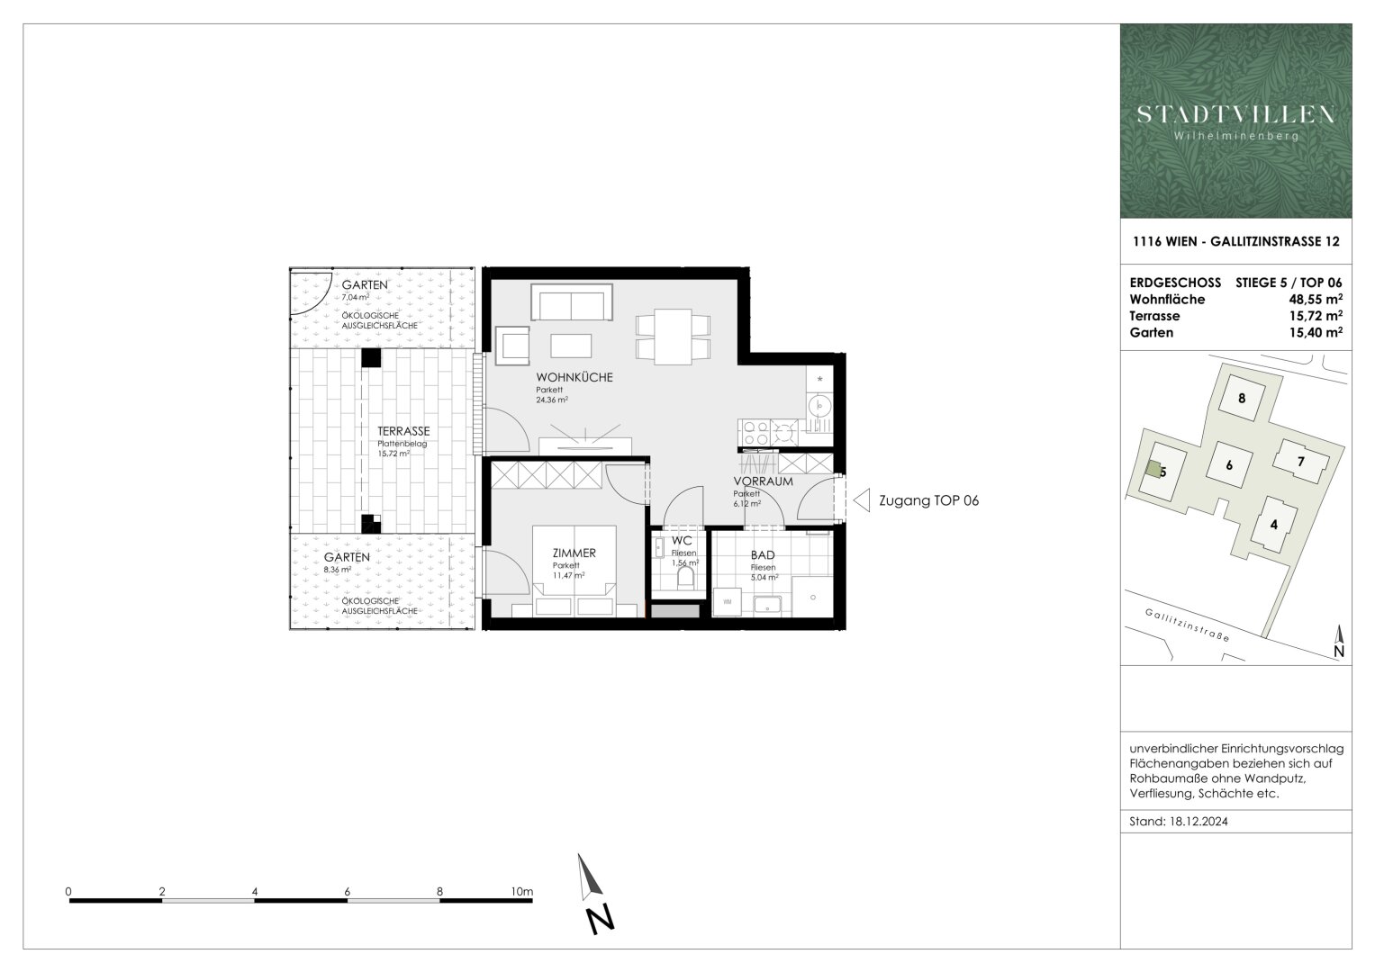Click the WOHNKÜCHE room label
point(574,377)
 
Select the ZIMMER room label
point(574,553)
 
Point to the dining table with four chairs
point(672,337)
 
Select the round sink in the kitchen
point(821,407)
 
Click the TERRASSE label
point(403,431)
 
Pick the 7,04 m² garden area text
point(355,296)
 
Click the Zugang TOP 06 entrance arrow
point(862,500)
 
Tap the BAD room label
point(763,555)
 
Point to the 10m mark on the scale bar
point(521,892)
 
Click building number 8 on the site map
point(1242,398)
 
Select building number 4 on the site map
point(1273,524)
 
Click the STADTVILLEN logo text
point(1235,114)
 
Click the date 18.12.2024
point(1200,822)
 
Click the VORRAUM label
point(763,481)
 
